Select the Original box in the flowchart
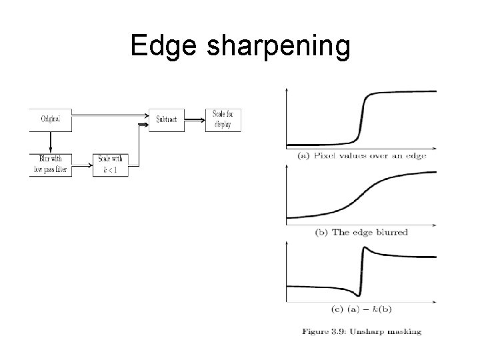tap(51, 119)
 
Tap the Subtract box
tap(166, 120)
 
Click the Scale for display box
tap(222, 119)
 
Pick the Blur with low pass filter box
tap(50, 165)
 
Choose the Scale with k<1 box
tap(110, 164)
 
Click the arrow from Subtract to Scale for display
tap(194, 120)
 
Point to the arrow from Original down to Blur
tap(51, 142)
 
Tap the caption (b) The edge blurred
tap(361, 233)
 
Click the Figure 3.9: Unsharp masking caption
tap(361, 331)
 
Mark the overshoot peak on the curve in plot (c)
tap(364, 248)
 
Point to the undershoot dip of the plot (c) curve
tap(358, 295)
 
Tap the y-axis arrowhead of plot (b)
tap(287, 167)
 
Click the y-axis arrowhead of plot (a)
tap(287, 89)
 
